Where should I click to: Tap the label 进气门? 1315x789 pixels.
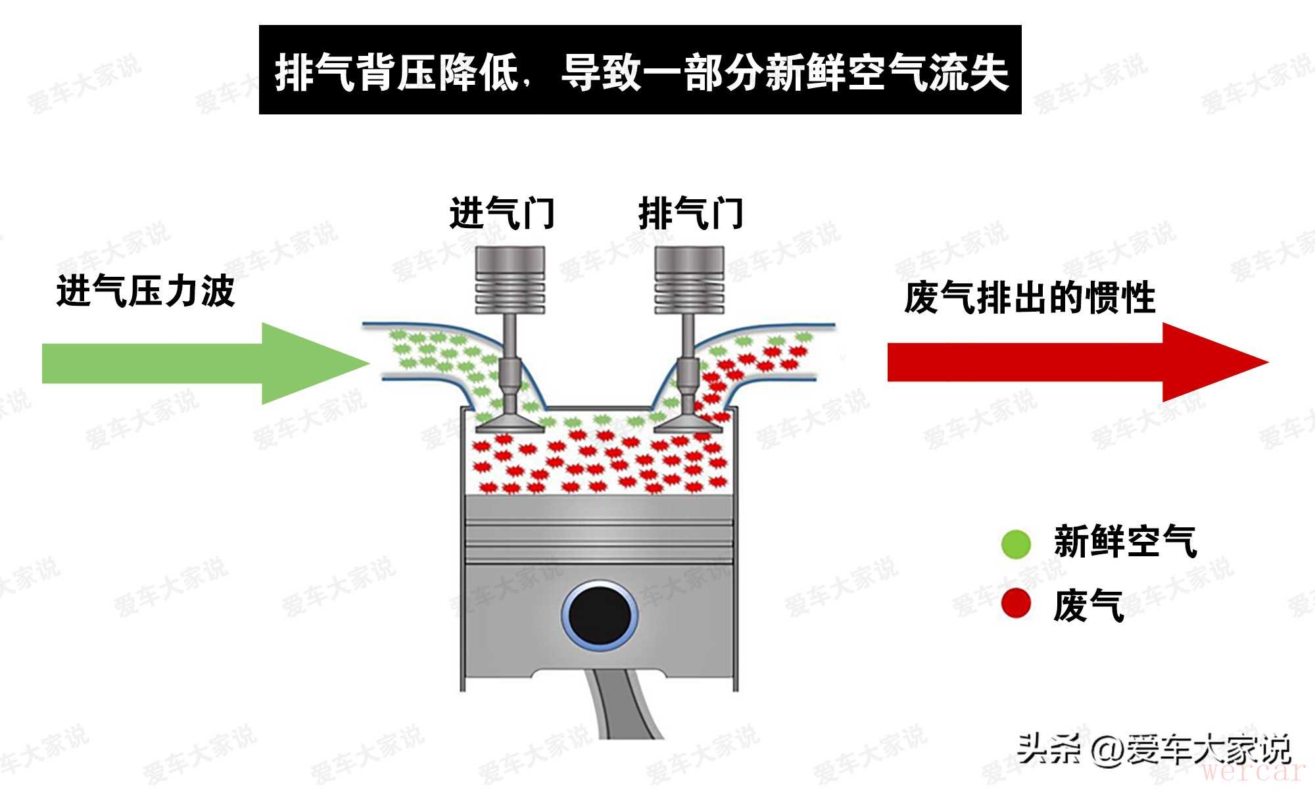502,214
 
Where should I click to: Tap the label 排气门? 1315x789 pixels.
691,214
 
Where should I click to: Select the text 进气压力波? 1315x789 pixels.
145,291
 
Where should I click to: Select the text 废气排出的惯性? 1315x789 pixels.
1030,298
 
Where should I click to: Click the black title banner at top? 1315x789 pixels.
640,70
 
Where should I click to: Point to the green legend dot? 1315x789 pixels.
1016,544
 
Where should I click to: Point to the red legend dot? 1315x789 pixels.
1016,604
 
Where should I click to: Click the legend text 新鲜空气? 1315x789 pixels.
1125,542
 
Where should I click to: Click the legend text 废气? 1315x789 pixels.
1088,605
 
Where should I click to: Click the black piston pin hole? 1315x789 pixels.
599,615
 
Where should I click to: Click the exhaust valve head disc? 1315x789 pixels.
688,423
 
